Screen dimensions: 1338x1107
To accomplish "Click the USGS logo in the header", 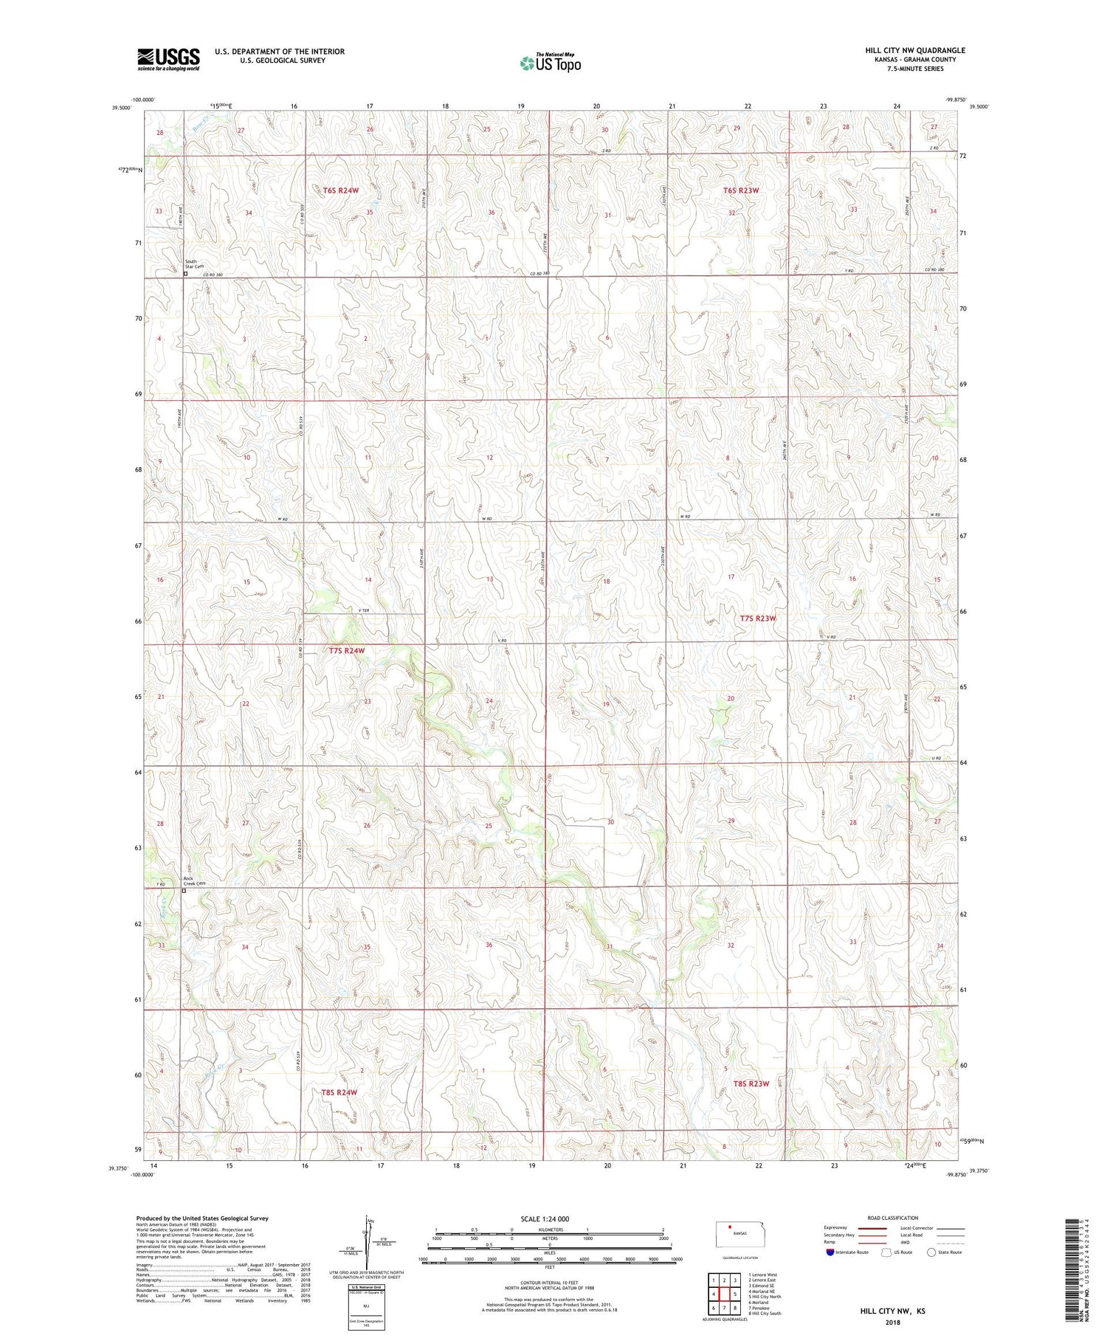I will click(x=168, y=59).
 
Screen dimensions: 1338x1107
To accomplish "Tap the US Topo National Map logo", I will click(x=550, y=63).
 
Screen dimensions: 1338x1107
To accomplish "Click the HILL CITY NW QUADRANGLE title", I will click(x=915, y=50).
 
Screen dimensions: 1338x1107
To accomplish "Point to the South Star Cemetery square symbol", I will click(x=185, y=274).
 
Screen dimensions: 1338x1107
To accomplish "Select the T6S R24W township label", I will click(x=340, y=190).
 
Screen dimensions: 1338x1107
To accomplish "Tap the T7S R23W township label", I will click(x=758, y=618).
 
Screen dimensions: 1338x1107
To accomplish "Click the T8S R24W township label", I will click(x=339, y=1092).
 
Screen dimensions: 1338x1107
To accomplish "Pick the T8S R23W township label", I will click(x=751, y=1083).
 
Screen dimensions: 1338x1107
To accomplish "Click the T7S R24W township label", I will click(x=347, y=651).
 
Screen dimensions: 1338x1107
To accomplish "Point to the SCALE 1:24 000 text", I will click(x=545, y=1218).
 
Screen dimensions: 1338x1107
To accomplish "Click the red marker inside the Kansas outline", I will click(x=731, y=1228).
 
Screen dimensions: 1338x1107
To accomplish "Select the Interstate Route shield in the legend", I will click(x=831, y=1252).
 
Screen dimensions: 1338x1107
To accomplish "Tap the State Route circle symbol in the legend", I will click(x=931, y=1252).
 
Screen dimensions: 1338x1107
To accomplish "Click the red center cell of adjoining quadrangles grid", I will click(x=725, y=1294).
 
